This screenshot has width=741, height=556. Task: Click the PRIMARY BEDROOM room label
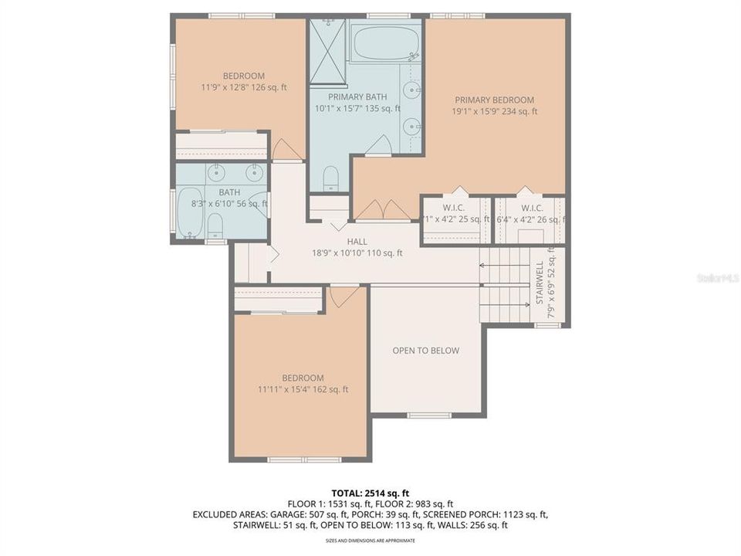(494, 100)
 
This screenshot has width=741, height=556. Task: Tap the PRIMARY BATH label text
(357, 97)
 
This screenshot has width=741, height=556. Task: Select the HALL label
(357, 241)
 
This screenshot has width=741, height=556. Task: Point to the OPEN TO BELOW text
(425, 351)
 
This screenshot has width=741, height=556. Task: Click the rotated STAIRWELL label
(540, 283)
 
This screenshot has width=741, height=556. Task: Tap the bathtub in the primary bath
(384, 43)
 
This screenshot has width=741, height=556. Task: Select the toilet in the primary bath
(330, 177)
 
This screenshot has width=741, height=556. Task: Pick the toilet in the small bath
(215, 225)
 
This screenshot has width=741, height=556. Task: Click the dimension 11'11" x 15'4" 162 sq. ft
(302, 389)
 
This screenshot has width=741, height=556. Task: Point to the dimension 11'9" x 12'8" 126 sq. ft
(243, 87)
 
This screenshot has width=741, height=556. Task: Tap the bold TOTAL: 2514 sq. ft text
(370, 493)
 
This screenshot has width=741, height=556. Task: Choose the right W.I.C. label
(532, 208)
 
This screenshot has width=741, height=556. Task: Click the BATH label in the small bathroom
(229, 192)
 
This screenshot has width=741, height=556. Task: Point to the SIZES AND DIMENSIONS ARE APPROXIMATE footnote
(370, 541)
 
